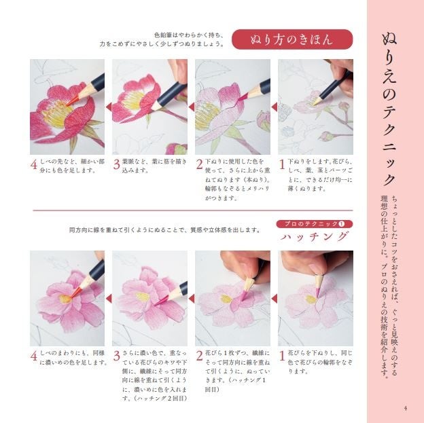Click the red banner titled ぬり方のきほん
pos(292,39)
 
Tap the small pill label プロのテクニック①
pos(315,224)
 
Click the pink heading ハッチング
pos(315,237)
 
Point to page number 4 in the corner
pos(405,408)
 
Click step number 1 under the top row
pos(282,164)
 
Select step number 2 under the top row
pos(199,164)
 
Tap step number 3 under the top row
pos(117,164)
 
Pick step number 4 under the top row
pos(34,164)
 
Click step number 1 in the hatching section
pos(282,356)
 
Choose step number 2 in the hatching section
pos(199,356)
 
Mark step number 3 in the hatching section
pos(117,356)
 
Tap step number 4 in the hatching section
pos(34,356)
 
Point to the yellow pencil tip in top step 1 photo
pos(315,103)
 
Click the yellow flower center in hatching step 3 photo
pos(143,297)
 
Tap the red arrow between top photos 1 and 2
pos(275,107)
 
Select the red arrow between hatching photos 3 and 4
pos(109,299)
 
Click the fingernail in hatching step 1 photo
pos(316,268)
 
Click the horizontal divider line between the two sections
pos(193,210)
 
